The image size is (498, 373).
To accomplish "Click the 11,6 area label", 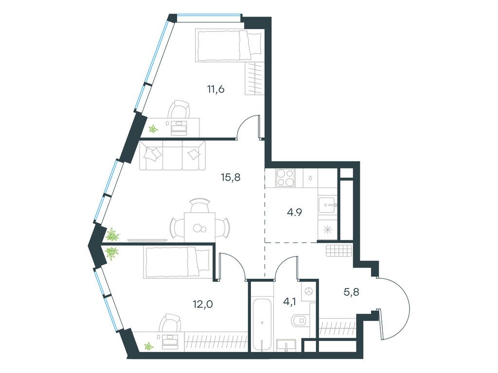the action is (216, 89).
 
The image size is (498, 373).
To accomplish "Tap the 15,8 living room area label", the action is (231, 177).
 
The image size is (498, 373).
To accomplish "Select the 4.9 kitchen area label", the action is (294, 212).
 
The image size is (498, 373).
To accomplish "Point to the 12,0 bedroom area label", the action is (203, 305).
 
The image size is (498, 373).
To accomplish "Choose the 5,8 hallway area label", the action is (352, 291).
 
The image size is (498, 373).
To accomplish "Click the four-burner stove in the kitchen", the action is (285, 178).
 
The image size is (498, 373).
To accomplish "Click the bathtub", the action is (262, 324).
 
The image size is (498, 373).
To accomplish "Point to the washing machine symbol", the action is (309, 290).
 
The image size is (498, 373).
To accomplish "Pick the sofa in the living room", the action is (172, 155).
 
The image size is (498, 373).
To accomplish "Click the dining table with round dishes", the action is (200, 226).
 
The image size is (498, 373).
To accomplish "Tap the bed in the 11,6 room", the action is (229, 45).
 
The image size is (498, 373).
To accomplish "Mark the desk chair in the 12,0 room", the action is (171, 323).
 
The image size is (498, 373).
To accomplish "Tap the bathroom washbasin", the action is (286, 345).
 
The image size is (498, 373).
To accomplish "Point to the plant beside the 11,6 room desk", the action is (153, 129).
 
